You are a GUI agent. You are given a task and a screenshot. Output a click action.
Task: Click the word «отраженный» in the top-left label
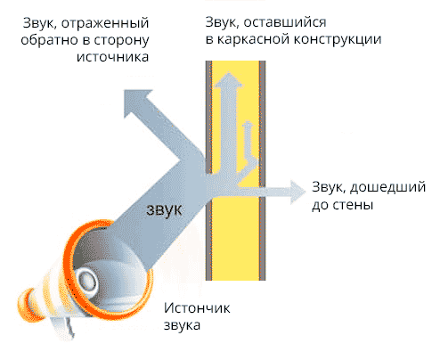(x=105, y=23)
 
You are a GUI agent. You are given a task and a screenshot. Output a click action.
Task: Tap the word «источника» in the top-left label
(x=112, y=56)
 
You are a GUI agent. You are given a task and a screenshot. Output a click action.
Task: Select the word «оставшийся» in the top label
(x=285, y=22)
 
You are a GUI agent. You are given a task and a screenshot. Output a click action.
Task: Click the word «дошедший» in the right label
(x=388, y=188)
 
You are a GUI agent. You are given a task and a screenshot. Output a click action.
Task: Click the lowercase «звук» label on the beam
(x=164, y=209)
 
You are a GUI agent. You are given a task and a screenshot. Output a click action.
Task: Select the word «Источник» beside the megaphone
(x=197, y=308)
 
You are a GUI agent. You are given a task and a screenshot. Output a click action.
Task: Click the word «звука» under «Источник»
(x=182, y=325)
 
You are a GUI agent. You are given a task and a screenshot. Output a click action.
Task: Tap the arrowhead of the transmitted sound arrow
(x=297, y=192)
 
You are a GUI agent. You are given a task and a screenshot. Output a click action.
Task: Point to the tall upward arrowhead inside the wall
(x=228, y=79)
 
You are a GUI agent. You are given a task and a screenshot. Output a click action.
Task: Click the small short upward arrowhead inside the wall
(x=248, y=124)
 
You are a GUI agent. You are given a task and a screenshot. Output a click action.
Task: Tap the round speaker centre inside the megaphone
(x=86, y=280)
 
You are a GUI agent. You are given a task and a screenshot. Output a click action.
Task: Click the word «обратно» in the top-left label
(x=51, y=40)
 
